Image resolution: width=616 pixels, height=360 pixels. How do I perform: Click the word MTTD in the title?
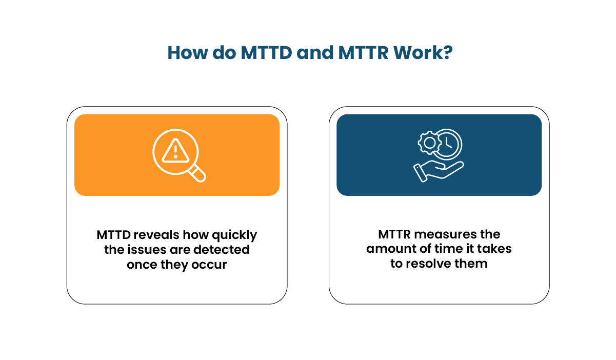coord(266,53)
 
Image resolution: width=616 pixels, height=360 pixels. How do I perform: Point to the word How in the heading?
coord(186,53)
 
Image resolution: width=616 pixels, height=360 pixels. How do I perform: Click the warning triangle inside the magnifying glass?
coord(175,150)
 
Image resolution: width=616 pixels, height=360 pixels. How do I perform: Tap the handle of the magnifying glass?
coord(198,174)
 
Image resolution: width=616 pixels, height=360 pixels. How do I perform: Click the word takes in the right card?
coord(494,249)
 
